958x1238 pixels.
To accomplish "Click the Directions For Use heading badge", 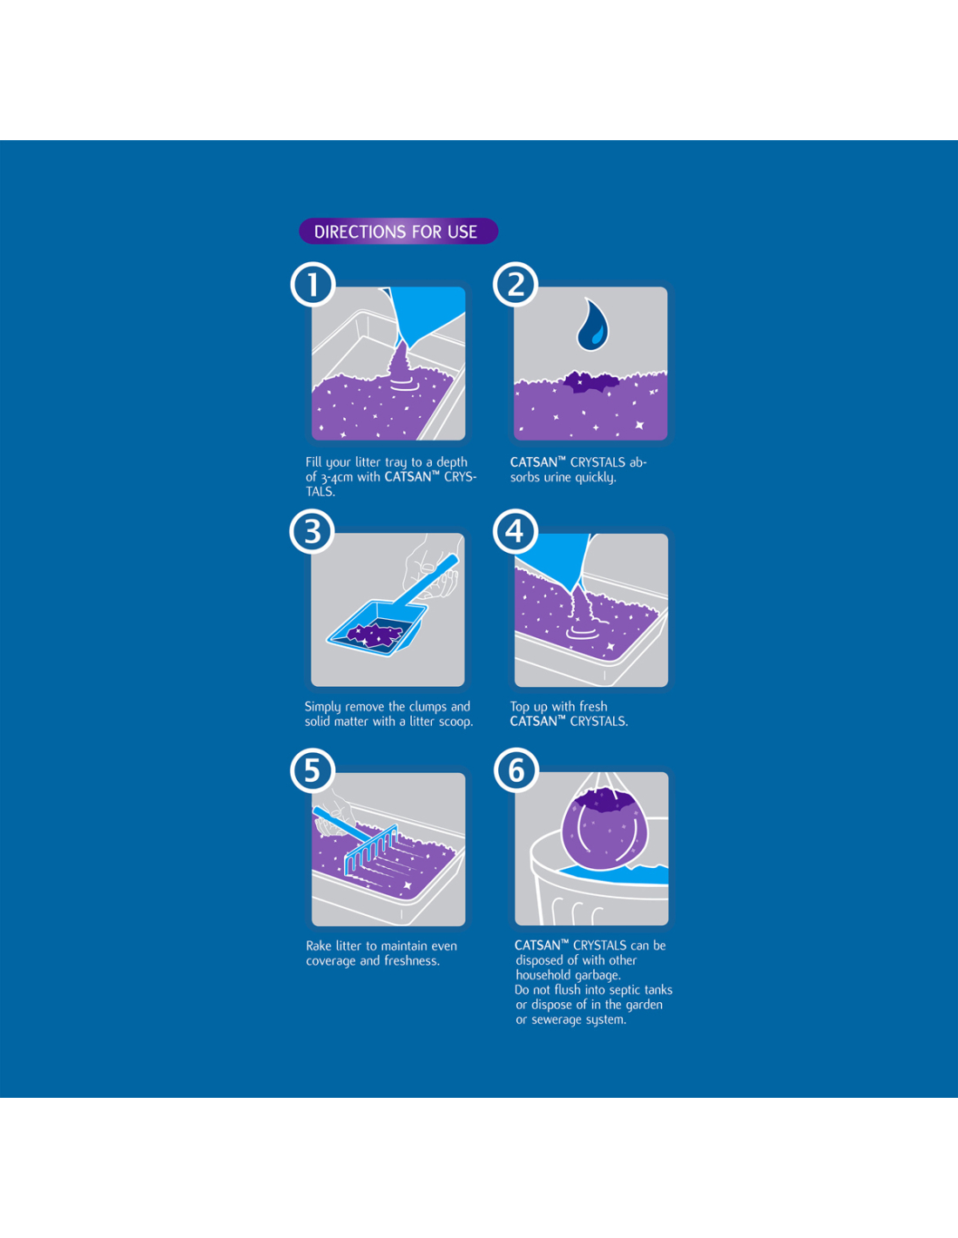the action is (398, 232).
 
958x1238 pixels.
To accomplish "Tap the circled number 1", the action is (313, 285).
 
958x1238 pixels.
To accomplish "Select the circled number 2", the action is (516, 285).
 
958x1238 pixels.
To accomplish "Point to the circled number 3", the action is (313, 531).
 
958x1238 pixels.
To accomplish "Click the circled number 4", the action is (516, 531).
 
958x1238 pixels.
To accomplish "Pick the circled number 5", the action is (313, 770).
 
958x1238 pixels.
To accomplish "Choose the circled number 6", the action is (516, 770).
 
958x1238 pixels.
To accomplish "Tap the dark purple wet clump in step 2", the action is (590, 381).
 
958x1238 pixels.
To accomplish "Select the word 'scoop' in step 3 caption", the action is (455, 722).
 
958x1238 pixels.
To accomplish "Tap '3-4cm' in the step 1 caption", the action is (336, 477).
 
